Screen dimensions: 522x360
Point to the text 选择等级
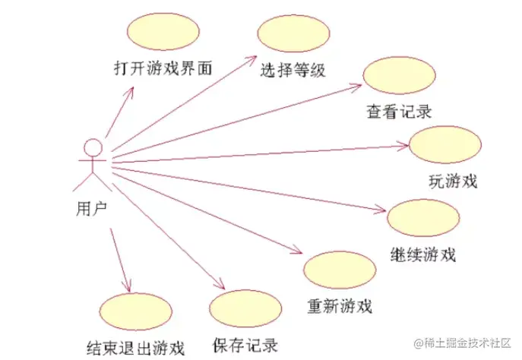293,71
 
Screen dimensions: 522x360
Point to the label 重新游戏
340,307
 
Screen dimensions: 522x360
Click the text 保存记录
245,344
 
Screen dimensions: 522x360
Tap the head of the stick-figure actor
92,147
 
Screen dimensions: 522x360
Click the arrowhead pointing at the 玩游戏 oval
406,144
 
